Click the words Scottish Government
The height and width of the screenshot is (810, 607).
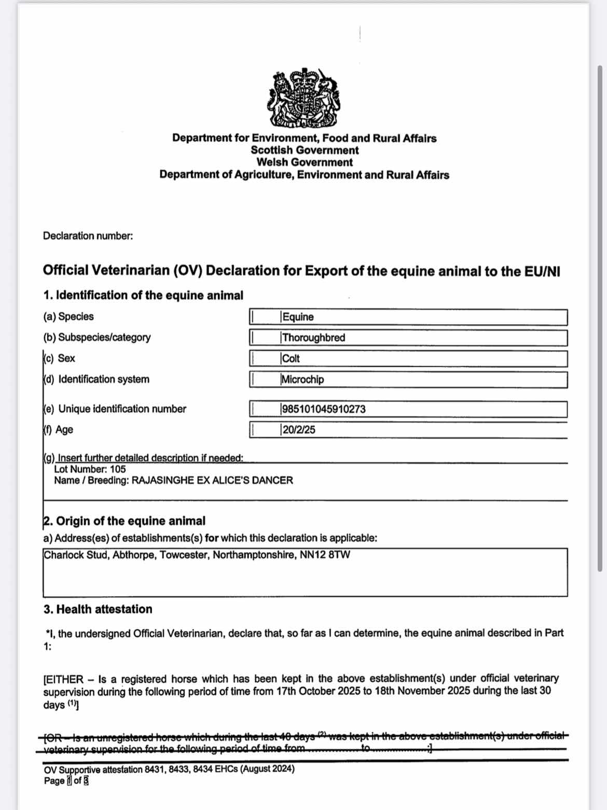305,150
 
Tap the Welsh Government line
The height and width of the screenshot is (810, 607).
305,162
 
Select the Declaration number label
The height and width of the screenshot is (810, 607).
88,236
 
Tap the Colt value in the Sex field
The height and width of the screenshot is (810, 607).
291,359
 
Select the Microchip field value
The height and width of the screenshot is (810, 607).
302,379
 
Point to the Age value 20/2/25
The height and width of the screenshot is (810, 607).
298,430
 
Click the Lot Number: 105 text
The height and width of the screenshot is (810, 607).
90,469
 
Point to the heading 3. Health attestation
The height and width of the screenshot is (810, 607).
98,609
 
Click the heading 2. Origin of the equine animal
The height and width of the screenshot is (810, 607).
124,521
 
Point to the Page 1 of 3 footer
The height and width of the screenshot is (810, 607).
66,781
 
